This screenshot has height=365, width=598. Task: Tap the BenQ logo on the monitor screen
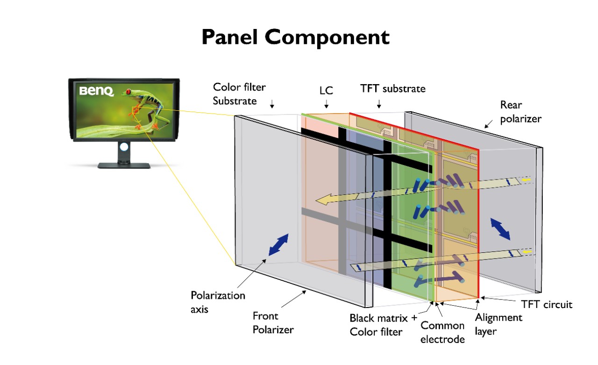point(96,91)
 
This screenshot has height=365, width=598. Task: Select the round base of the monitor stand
point(124,165)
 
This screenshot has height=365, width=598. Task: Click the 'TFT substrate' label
point(392,88)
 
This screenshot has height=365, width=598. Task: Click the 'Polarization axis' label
point(218,302)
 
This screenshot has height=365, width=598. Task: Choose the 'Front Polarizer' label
point(273,322)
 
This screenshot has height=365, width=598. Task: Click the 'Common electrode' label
point(442,332)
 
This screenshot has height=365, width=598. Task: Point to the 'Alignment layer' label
point(498,323)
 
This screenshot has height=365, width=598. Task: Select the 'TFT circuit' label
point(546,305)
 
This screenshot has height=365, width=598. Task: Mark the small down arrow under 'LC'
point(326,104)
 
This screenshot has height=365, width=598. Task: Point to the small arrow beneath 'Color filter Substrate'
point(272,106)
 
